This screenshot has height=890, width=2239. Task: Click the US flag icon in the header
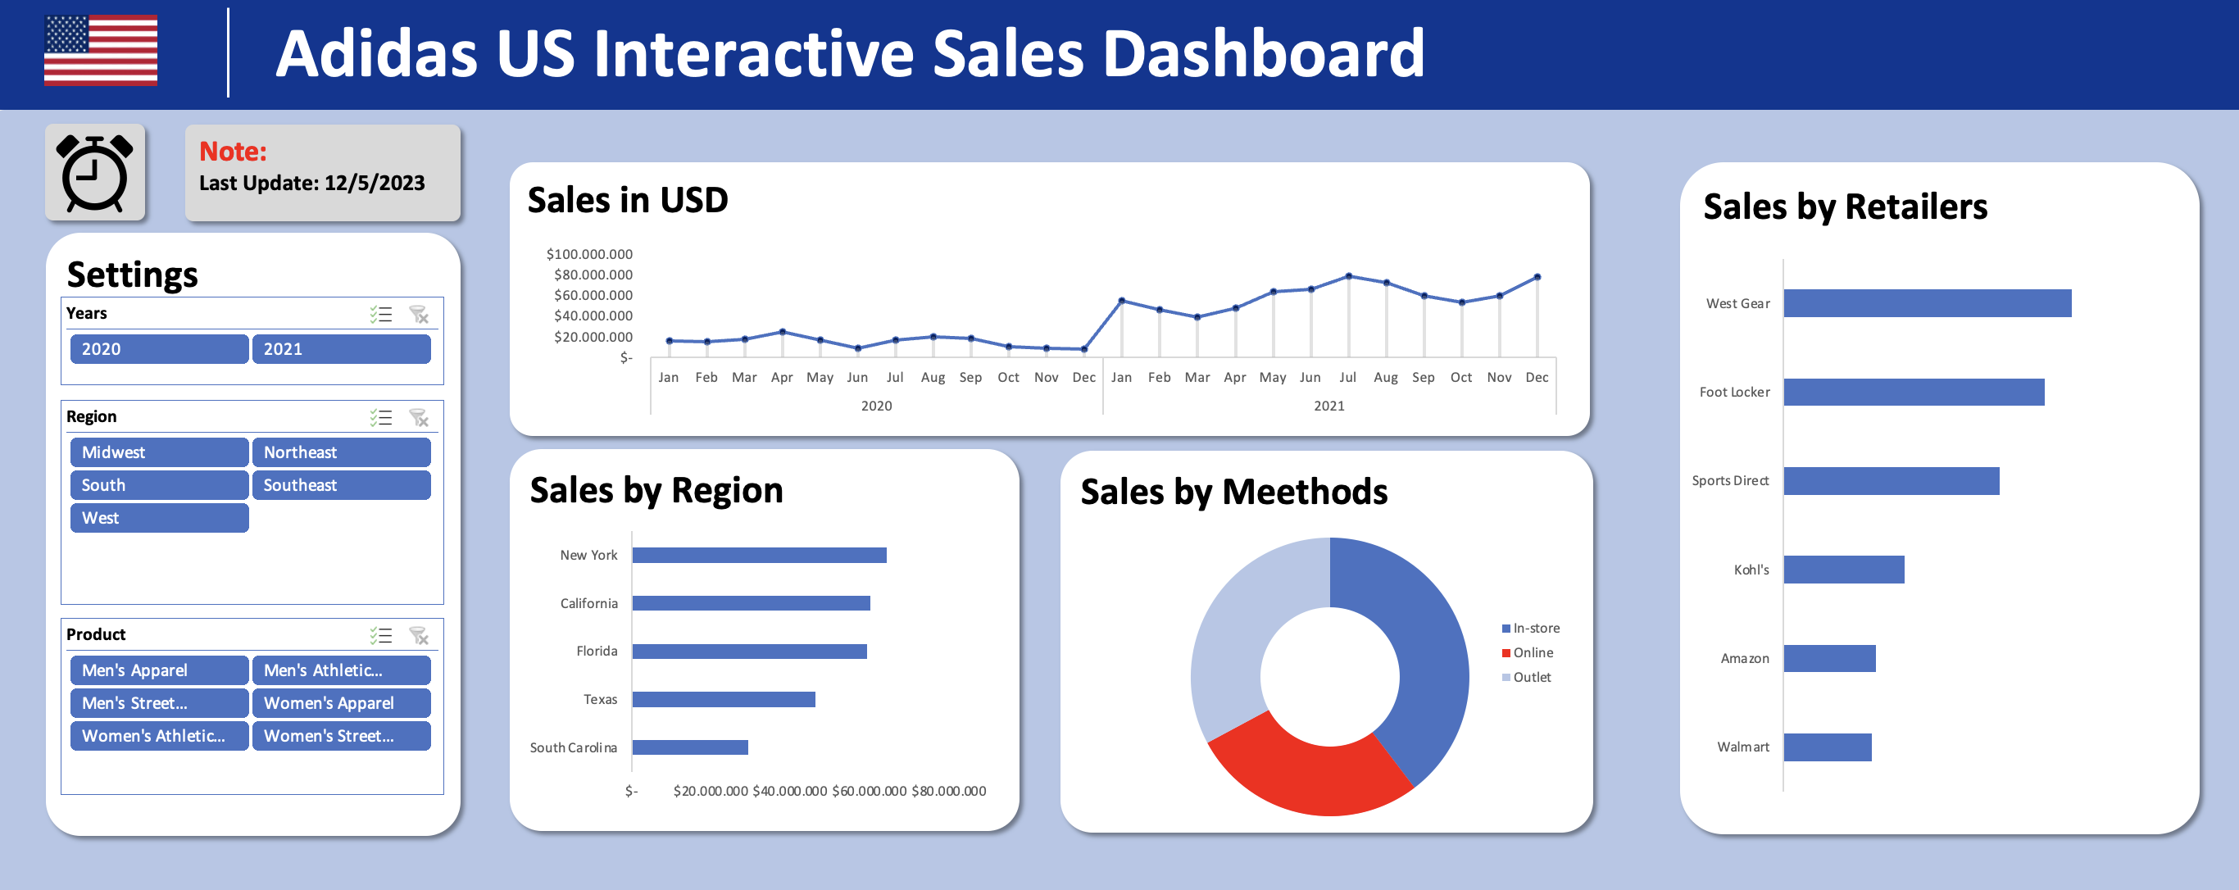(101, 51)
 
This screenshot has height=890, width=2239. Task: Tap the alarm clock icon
(95, 173)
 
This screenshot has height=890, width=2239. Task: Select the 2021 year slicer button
(341, 348)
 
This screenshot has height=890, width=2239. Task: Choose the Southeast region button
(341, 485)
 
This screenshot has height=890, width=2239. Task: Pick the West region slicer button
(159, 518)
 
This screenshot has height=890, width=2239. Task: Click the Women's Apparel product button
(341, 703)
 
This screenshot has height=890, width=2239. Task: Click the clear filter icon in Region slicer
(419, 418)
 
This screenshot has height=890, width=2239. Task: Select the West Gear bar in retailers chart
(1926, 303)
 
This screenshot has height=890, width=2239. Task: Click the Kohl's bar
(1842, 570)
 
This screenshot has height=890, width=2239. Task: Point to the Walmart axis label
(1742, 747)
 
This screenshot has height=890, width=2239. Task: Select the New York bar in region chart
(759, 555)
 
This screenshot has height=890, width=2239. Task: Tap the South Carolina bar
(690, 747)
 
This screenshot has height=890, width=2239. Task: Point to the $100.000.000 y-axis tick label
(588, 254)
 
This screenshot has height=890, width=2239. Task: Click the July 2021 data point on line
(1348, 275)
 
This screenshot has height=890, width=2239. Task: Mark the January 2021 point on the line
(1121, 301)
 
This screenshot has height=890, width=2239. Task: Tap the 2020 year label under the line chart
(876, 406)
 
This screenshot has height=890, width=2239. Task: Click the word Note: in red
(232, 152)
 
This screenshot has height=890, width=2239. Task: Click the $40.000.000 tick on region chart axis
(789, 791)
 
